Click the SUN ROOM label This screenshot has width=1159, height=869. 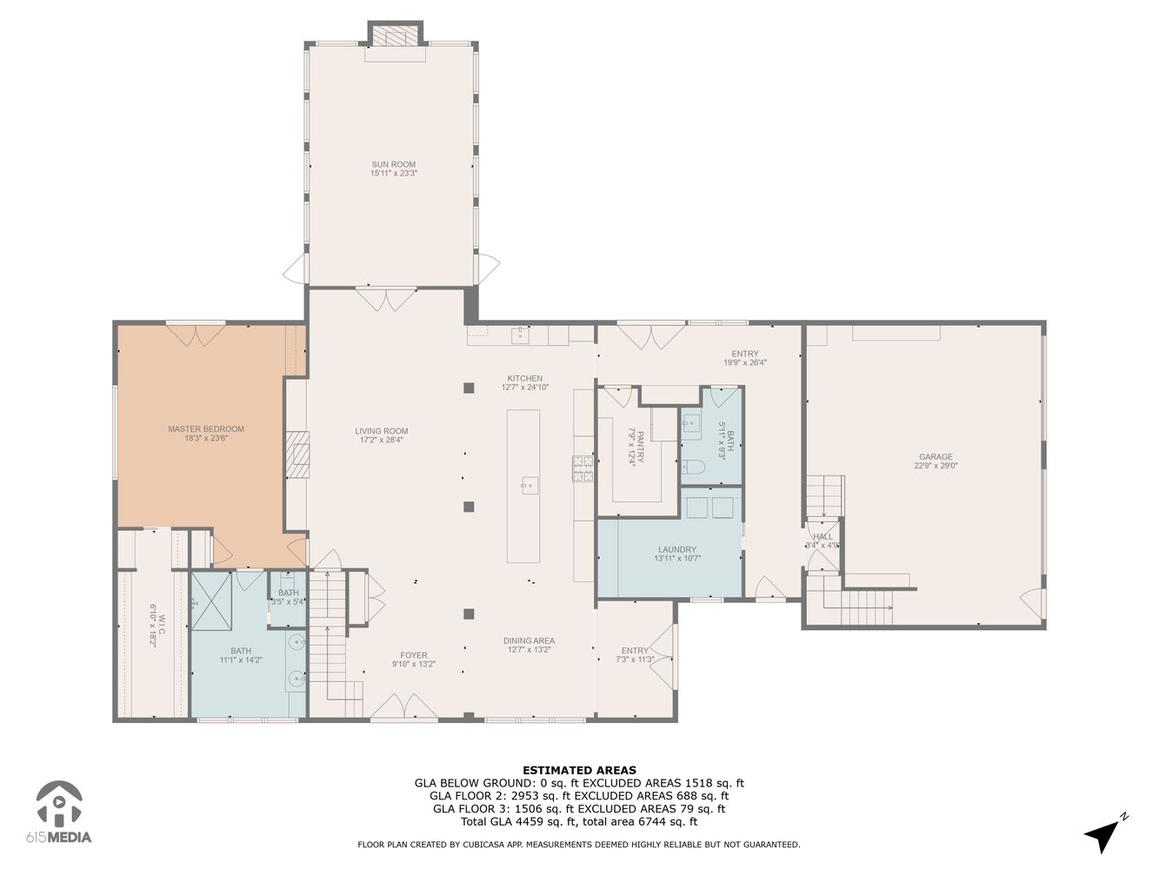393,164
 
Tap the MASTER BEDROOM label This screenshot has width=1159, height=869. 205,429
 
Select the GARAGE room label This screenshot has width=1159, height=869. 936,457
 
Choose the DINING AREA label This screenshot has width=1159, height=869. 529,641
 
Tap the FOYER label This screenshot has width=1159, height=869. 413,655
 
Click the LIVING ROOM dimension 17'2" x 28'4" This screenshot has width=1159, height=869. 381,440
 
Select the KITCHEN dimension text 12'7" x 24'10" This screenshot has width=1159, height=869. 525,388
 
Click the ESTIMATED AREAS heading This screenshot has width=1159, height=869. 579,770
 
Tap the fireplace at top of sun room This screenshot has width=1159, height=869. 395,35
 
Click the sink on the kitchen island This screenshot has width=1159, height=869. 530,485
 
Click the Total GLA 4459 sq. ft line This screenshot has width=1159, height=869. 579,821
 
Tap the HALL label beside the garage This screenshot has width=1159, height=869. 823,536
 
